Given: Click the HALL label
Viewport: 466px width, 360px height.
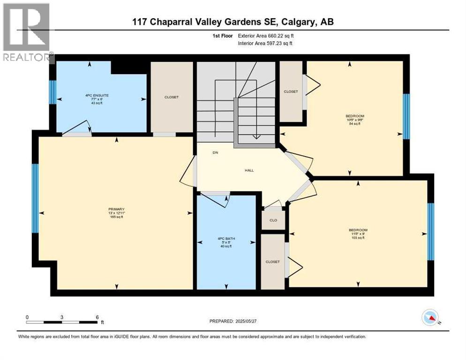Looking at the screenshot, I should (x=249, y=170).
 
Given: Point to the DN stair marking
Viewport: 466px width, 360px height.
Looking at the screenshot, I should (x=215, y=153).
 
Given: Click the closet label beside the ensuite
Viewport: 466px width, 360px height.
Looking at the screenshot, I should (x=171, y=97).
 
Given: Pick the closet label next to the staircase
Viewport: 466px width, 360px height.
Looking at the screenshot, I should (x=291, y=91).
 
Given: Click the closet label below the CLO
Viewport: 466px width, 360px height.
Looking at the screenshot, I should (x=272, y=262).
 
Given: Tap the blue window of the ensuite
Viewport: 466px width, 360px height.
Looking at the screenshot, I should (x=53, y=92).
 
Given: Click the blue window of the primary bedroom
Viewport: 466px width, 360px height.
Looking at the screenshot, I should (x=35, y=198).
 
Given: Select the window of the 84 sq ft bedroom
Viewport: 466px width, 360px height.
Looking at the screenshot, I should (x=406, y=116).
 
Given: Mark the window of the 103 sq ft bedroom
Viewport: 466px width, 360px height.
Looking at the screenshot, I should (x=431, y=232).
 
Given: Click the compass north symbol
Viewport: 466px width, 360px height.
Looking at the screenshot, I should (x=429, y=318).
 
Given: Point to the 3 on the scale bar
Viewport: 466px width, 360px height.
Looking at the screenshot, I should (x=62, y=317).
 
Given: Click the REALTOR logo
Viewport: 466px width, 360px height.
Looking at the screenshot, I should (x=27, y=33).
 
